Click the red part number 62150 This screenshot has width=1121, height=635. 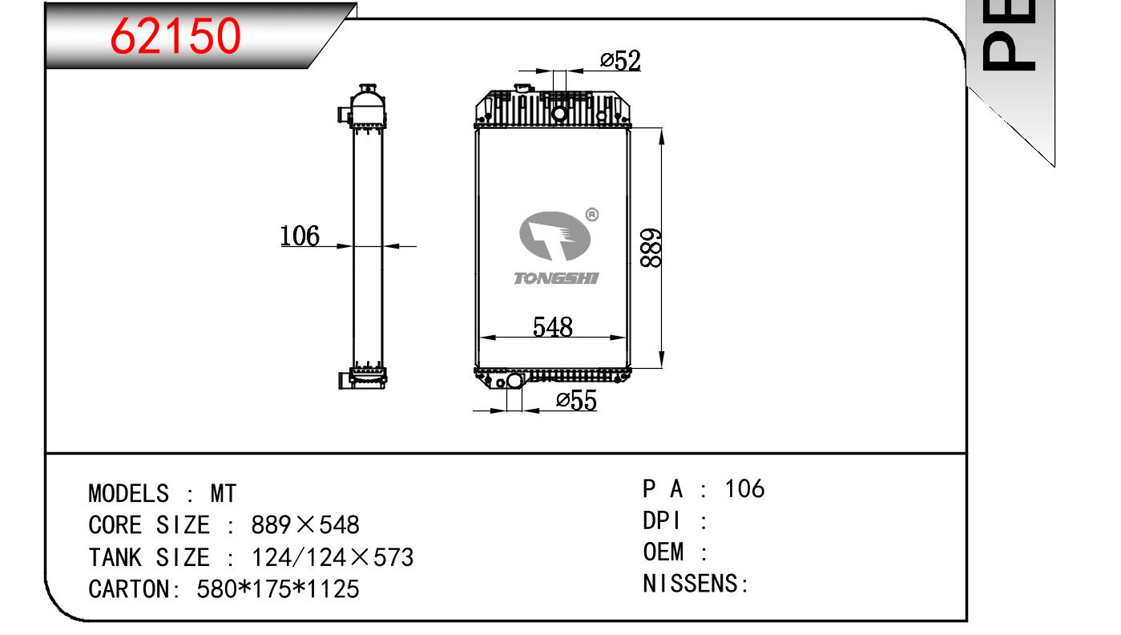coord(175,35)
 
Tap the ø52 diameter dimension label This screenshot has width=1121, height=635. coord(620,61)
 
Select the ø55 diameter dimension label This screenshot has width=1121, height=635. coord(576,401)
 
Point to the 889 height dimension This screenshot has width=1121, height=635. coord(651,248)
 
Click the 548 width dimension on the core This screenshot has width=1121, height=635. coord(553,327)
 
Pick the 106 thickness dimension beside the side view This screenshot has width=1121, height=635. coord(299,236)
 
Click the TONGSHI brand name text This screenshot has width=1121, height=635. coord(556,278)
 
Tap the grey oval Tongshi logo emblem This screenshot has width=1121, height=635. coord(554,236)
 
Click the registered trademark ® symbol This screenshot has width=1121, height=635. coord(592,215)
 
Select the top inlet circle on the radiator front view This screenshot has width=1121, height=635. coord(559,114)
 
